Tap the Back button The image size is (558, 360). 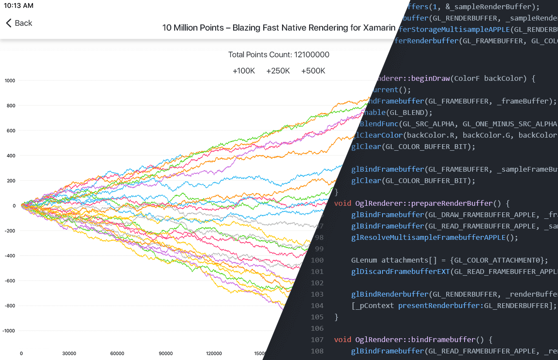[19, 23]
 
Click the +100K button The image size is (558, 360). [244, 71]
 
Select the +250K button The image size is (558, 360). [278, 71]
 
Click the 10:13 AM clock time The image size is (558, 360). [18, 6]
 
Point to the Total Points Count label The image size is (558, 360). [279, 55]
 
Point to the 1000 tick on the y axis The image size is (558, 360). [10, 80]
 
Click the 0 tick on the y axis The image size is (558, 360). [14, 205]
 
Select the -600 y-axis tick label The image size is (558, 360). [9, 280]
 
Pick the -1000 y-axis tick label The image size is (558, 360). [9, 331]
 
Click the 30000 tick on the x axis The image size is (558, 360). [69, 353]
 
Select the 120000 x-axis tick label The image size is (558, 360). [214, 353]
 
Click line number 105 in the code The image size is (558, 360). [317, 317]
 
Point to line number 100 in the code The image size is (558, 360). [317, 260]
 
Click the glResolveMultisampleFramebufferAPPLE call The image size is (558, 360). [428, 237]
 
